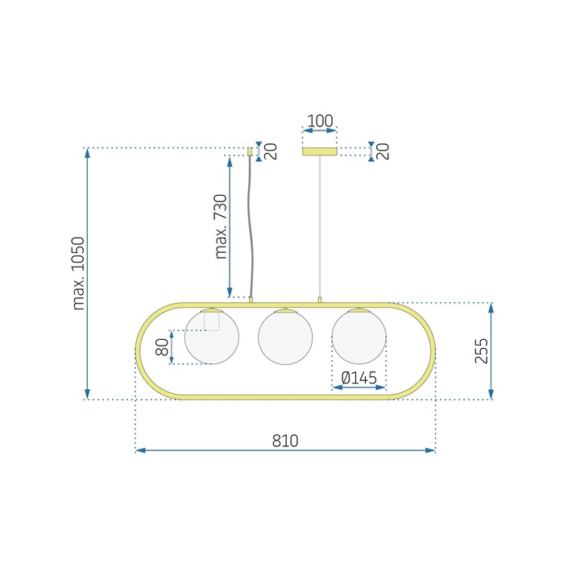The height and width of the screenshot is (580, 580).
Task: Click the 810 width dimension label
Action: tap(285, 441)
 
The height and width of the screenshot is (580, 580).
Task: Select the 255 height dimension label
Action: tap(481, 350)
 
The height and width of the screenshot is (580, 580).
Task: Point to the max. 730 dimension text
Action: tap(220, 226)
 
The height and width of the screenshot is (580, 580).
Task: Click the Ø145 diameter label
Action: tap(359, 377)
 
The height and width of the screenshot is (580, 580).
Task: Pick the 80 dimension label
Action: tap(162, 347)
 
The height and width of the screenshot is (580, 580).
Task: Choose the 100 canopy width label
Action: tap(320, 122)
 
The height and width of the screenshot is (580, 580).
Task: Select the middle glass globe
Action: tap(284, 337)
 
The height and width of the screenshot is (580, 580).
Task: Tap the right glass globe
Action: tap(359, 337)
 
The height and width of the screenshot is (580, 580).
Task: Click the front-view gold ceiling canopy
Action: tap(320, 151)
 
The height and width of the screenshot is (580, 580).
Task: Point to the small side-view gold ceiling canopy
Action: tap(250, 151)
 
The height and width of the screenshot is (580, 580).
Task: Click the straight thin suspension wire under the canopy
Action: tap(321, 226)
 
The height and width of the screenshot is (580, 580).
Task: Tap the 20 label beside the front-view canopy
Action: tap(382, 151)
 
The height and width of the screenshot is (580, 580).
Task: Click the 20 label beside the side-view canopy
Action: tap(271, 151)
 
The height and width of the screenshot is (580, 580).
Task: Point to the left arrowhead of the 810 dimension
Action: tap(139, 450)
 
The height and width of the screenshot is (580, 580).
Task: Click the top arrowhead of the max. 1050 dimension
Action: tap(88, 152)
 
